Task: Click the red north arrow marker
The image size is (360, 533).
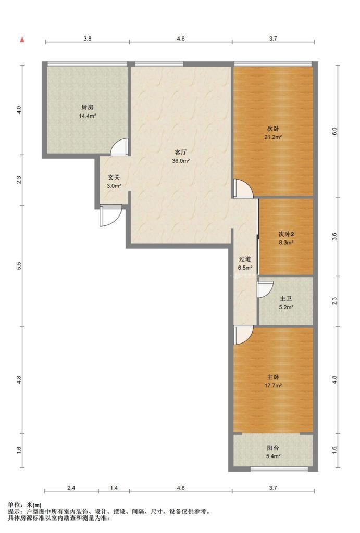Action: [22, 40]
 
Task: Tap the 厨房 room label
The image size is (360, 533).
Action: [87, 107]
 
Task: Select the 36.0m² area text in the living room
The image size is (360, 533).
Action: [181, 161]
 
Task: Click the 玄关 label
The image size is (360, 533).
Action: [114, 177]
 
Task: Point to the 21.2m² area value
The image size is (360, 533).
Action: [273, 137]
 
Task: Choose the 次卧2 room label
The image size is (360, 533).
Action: [286, 234]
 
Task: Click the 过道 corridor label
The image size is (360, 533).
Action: [245, 259]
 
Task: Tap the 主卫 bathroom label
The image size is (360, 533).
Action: [286, 299]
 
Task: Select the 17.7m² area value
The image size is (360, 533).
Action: [273, 386]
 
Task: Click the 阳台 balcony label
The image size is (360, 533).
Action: [273, 448]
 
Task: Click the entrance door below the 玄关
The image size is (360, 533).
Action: [110, 216]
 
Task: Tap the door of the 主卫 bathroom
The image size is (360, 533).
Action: [265, 288]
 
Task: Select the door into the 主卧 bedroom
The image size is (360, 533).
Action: [243, 335]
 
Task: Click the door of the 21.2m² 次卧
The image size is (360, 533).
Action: [243, 188]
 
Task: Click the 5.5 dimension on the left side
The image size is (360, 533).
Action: [19, 266]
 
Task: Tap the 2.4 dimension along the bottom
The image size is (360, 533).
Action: [71, 488]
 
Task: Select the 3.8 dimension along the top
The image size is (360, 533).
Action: [88, 39]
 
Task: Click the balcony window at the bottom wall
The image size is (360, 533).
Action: [279, 469]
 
